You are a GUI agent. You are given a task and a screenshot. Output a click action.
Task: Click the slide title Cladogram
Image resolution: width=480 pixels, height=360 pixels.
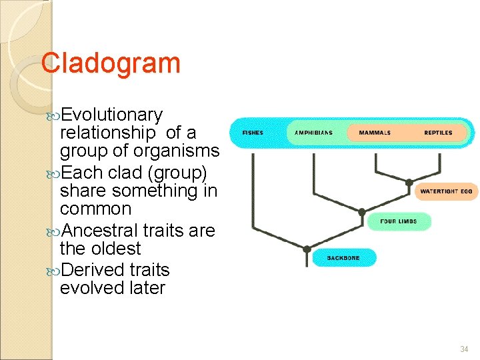(111, 63)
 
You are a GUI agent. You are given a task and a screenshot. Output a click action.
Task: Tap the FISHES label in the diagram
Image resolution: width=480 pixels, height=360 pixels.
(253, 133)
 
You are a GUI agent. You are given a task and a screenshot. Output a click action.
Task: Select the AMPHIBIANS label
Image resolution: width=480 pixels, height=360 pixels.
(313, 133)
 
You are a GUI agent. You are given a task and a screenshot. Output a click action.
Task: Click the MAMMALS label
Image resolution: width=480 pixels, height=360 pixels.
(375, 133)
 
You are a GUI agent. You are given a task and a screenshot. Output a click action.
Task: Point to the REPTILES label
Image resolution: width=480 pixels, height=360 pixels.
(438, 133)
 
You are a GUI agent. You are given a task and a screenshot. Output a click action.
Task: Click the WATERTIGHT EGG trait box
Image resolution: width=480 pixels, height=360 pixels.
(446, 191)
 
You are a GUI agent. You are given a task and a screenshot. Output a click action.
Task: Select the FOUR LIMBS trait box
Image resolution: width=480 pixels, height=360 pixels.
(398, 221)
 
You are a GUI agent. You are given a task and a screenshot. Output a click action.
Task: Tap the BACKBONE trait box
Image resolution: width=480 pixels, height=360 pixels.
(343, 257)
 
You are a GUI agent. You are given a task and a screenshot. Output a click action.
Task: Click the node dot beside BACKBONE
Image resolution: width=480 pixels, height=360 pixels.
(307, 249)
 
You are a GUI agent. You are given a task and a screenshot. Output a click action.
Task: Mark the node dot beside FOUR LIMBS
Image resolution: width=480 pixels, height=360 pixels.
(361, 213)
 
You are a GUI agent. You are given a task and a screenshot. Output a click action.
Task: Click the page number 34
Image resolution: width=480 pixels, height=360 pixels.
(464, 349)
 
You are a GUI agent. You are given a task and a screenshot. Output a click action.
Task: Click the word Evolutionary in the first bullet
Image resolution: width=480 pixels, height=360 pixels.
(111, 115)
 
